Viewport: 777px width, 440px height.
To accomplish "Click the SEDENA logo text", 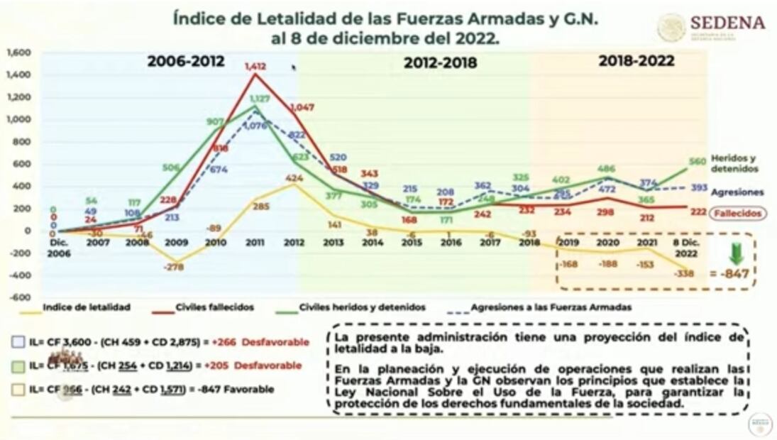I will pyautogui.click(x=727, y=23).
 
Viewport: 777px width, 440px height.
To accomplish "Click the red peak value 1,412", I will pyautogui.click(x=255, y=67).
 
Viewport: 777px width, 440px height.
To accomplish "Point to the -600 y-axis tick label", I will pyautogui.click(x=20, y=297).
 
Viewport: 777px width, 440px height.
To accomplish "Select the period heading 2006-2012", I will pyautogui.click(x=186, y=62).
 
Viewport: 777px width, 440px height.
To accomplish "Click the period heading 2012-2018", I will pyautogui.click(x=440, y=63).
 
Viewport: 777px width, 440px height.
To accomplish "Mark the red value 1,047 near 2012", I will pyautogui.click(x=301, y=107).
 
